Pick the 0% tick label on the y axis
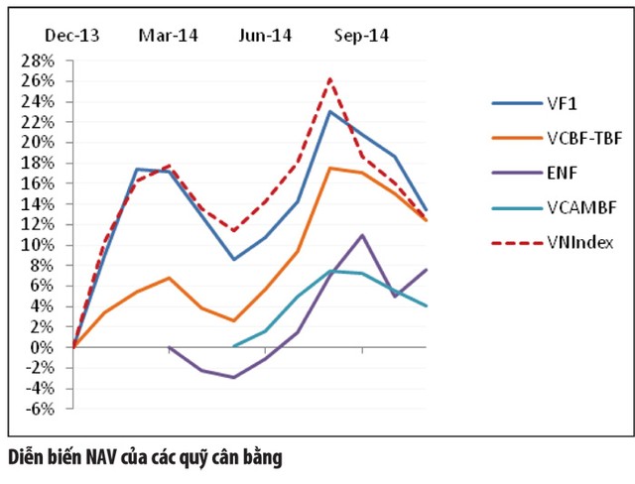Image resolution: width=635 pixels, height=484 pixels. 45,347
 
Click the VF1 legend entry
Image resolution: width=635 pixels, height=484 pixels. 561,103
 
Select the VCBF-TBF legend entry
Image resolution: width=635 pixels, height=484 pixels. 583,138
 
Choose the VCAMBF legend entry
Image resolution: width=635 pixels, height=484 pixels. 579,207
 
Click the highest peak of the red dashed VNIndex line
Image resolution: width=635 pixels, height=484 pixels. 330,77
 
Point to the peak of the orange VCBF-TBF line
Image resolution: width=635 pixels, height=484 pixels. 330,168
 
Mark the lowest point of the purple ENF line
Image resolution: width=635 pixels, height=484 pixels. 233,378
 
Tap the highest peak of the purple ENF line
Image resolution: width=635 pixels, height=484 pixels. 362,235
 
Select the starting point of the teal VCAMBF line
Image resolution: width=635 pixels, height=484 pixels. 233,346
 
